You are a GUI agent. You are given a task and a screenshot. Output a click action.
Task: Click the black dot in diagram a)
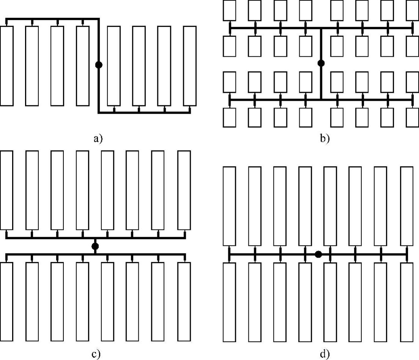(x=99, y=65)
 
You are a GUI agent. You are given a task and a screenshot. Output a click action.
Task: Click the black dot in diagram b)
(x=321, y=63)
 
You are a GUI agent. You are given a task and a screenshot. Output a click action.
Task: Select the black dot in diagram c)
(x=95, y=246)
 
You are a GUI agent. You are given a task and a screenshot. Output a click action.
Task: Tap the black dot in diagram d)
(x=318, y=254)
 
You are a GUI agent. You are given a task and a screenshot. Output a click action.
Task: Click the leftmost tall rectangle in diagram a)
(x=7, y=66)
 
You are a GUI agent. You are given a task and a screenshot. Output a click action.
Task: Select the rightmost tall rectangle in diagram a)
(x=190, y=66)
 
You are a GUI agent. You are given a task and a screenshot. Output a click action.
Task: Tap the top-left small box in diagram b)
(x=229, y=10)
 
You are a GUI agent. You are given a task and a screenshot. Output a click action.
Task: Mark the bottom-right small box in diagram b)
(x=412, y=117)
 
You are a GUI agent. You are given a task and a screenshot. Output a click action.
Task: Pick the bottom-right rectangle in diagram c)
(x=184, y=301)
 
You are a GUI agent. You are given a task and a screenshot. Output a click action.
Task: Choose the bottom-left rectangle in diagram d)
(x=229, y=302)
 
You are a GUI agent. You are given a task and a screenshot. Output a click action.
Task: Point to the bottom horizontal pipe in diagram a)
(x=144, y=113)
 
